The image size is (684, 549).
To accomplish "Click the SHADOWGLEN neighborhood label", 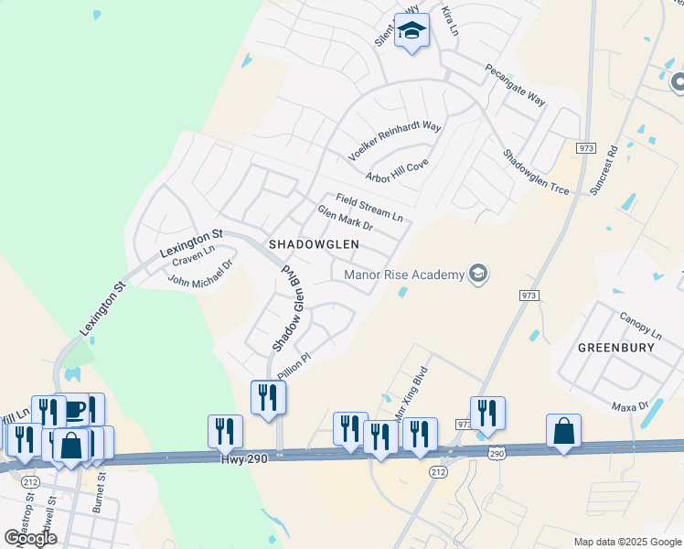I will coord(313,245).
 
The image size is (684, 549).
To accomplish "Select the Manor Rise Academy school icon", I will coord(477,274).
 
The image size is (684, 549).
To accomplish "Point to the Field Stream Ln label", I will coord(369,208).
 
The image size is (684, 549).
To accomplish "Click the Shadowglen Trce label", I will coord(535,172).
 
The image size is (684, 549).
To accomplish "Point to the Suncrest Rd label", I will coord(605,170).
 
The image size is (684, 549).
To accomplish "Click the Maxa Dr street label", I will coord(630,404).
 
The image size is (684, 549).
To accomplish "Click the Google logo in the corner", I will coord(30,538).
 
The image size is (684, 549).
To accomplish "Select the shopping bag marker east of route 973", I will coord(563,430).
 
